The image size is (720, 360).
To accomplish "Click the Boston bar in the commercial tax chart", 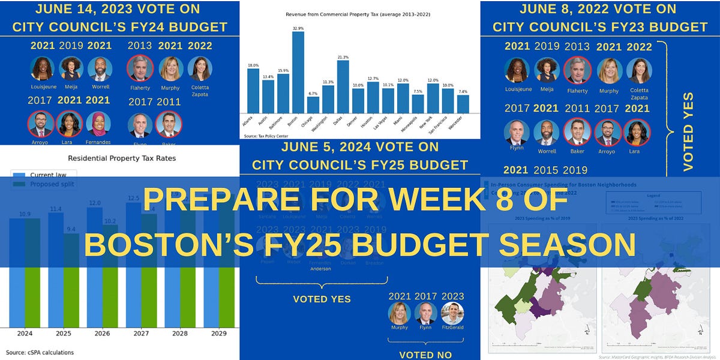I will coord(298,73).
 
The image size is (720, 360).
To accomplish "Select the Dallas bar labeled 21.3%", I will coord(343,87).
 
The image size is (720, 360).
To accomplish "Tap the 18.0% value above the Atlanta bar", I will coord(253,65).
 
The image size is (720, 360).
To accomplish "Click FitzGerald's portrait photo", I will coord(452,313).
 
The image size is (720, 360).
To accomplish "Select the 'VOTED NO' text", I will coord(425,355).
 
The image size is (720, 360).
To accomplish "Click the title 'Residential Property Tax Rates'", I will coord(122,158).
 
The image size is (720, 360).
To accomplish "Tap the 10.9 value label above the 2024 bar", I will coord(25,214).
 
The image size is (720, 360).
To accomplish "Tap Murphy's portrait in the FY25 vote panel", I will coord(399,313).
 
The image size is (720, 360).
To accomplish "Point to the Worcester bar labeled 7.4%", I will coord(463,104).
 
